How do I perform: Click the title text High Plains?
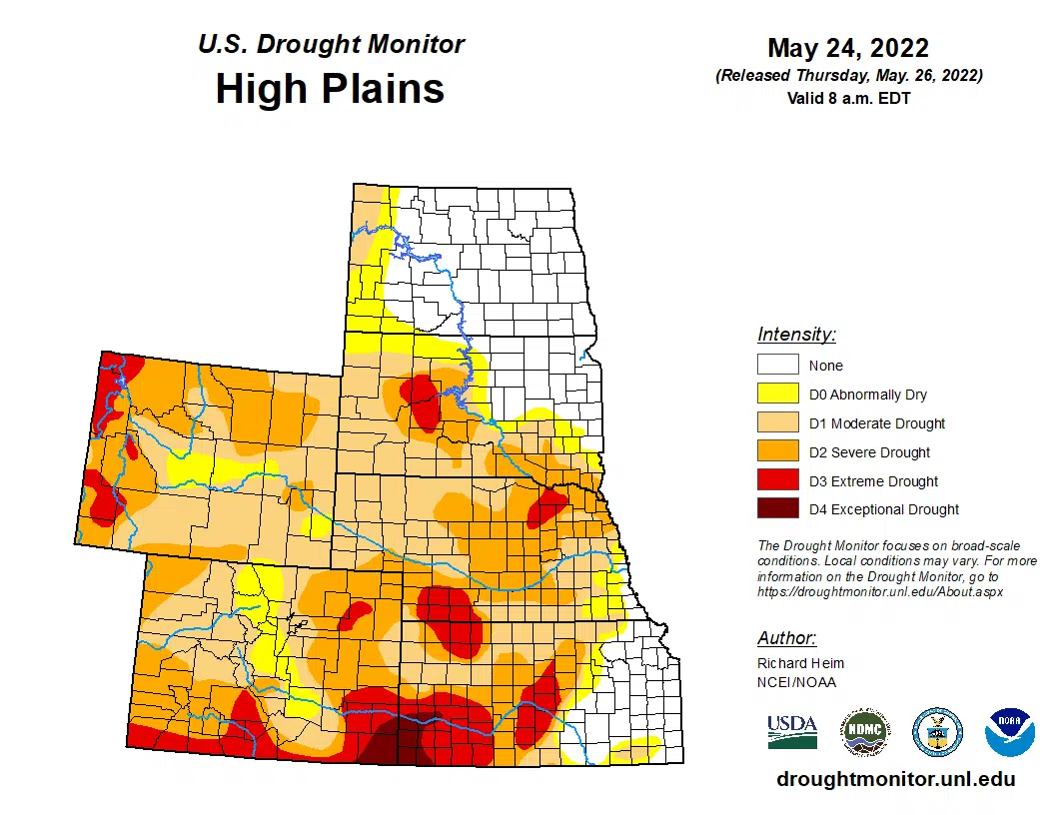(330, 89)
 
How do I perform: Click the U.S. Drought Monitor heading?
(331, 45)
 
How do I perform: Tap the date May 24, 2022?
(848, 48)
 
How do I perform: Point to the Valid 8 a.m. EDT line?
(848, 98)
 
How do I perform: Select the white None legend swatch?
(777, 366)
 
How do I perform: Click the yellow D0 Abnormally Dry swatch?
(777, 395)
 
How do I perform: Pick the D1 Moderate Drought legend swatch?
(777, 423)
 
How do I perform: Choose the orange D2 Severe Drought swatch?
(777, 452)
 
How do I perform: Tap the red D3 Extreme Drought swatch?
(777, 481)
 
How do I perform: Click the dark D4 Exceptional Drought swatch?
(777, 509)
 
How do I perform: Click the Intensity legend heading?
(796, 335)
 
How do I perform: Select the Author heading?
(786, 638)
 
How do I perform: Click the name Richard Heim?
(800, 663)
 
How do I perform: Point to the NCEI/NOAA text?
(796, 682)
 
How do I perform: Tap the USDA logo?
(792, 731)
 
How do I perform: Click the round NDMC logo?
(864, 732)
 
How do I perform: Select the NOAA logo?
(1009, 732)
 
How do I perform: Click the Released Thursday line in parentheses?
(848, 76)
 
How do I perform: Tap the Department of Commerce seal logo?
(937, 732)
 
